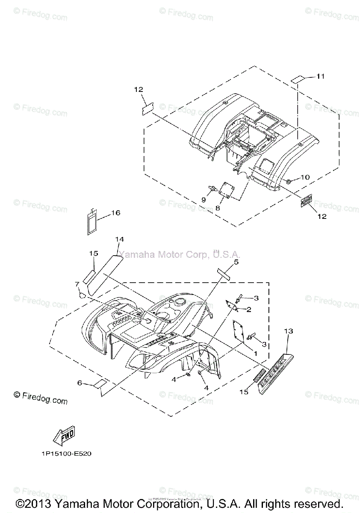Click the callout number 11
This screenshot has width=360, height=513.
pos(321,76)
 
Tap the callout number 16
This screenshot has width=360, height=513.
pos(116,213)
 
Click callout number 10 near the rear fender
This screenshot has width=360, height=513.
pos(304,177)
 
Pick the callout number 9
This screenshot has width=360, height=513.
pos(204,200)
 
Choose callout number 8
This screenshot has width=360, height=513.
pos(217,208)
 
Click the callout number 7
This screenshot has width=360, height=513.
pos(77,284)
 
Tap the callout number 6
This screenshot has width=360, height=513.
pos(80,383)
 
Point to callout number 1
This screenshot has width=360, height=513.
pos(255,354)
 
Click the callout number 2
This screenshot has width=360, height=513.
pos(248,309)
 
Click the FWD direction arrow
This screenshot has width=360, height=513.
pos(64,436)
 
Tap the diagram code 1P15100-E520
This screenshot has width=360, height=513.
pos(64,454)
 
